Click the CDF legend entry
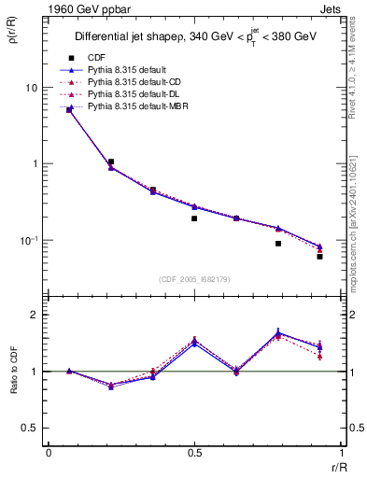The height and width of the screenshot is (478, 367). pyautogui.click(x=97, y=58)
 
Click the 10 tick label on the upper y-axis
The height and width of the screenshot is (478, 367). pyautogui.click(x=31, y=88)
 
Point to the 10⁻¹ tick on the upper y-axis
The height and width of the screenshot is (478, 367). pyautogui.click(x=29, y=240)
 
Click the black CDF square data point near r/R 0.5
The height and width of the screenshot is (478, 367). pyautogui.click(x=194, y=218)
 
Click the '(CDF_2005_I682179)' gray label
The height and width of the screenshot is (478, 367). pyautogui.click(x=194, y=278)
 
